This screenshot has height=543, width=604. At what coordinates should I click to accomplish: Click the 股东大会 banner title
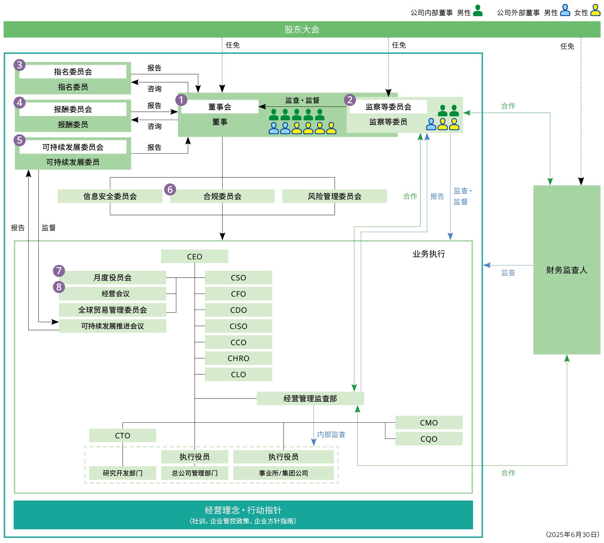click(x=302, y=30)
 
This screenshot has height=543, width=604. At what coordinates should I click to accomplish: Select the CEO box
click(x=195, y=257)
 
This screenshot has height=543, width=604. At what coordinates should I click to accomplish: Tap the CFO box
click(x=238, y=294)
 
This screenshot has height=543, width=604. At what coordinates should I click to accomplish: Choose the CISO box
click(x=238, y=326)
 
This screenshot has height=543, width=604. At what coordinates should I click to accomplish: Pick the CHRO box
click(x=238, y=358)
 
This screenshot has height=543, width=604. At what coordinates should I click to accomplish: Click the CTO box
click(x=122, y=435)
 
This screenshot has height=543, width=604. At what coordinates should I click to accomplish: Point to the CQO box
click(x=429, y=439)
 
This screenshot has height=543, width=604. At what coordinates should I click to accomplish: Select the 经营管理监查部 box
click(x=310, y=399)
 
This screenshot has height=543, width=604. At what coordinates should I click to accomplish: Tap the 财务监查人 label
click(x=567, y=270)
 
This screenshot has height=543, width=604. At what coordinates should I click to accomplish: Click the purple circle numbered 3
click(x=20, y=65)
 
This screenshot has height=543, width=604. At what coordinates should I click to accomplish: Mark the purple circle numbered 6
click(x=170, y=189)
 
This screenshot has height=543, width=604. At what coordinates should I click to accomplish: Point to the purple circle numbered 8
click(x=59, y=287)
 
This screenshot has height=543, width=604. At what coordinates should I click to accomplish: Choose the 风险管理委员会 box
click(x=334, y=196)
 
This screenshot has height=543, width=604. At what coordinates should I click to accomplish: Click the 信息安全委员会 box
click(x=110, y=196)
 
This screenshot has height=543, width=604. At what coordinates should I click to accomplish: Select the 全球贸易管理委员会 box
click(x=112, y=310)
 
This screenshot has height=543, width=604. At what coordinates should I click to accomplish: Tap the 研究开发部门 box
click(x=122, y=473)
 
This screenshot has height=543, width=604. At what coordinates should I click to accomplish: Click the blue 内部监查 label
click(x=331, y=434)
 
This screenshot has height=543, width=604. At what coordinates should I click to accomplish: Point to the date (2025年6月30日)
click(x=572, y=534)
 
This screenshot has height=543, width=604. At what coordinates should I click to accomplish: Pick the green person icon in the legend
click(x=478, y=11)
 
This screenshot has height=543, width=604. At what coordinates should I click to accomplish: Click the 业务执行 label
click(x=429, y=254)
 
